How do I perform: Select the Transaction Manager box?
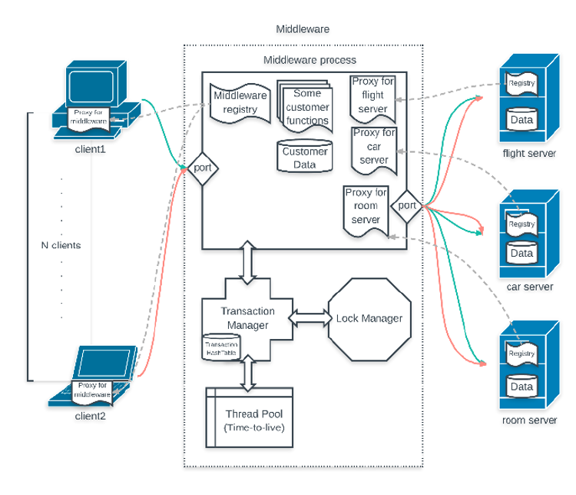click(245, 317)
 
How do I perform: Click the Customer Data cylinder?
click(304, 156)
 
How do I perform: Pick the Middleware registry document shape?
click(240, 103)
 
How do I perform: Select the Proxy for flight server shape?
click(372, 98)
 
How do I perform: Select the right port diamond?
click(407, 205)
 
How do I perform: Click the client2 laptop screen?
click(107, 362)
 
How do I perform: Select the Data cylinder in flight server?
click(521, 119)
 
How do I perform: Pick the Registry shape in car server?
click(521, 224)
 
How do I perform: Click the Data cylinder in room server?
click(521, 386)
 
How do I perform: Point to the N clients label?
click(61, 245)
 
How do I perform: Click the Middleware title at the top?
click(303, 29)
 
